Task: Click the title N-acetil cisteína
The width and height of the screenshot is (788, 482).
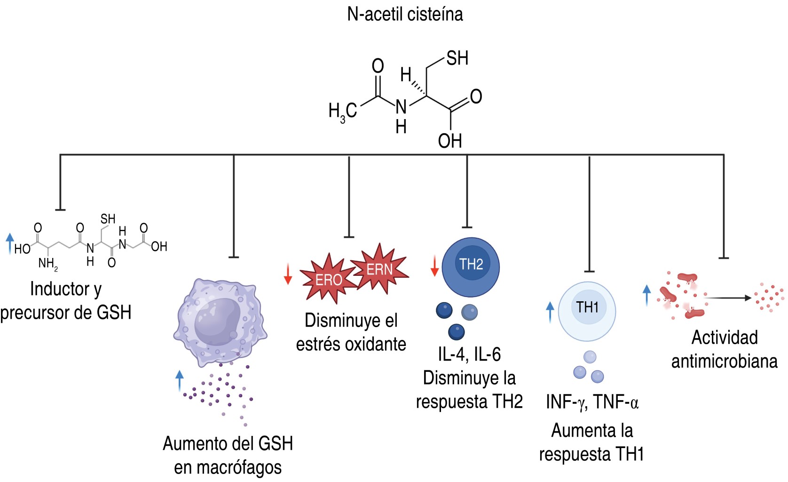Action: (x=405, y=14)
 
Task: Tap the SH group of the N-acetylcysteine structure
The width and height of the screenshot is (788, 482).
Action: (x=457, y=58)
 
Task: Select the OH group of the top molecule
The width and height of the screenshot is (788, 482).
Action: (x=450, y=141)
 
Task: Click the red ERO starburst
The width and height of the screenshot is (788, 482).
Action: (x=328, y=279)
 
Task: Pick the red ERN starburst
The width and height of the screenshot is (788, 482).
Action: (x=379, y=269)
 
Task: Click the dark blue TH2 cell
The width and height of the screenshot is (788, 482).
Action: (x=471, y=267)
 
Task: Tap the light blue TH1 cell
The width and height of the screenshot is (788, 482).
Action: (x=587, y=311)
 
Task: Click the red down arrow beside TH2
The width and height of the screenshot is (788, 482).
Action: (x=435, y=265)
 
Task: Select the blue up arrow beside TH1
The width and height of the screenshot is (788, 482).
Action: (x=550, y=312)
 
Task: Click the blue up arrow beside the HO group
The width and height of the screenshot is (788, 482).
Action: (x=10, y=243)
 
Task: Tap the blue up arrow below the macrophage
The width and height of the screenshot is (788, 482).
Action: (x=179, y=381)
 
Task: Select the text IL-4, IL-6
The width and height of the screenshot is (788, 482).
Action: (x=469, y=354)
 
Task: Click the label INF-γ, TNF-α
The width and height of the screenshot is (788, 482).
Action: (x=592, y=402)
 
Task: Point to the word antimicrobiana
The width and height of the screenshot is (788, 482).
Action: (x=724, y=361)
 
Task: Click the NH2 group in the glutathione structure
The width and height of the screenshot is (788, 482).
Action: (x=48, y=264)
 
